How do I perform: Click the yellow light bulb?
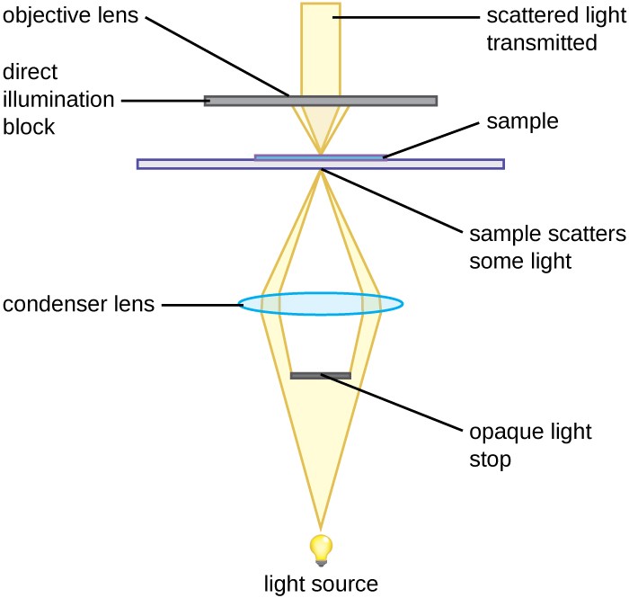point(321,545)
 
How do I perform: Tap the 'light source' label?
point(321,585)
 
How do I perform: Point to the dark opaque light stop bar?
point(321,375)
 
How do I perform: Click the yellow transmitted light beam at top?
point(321,45)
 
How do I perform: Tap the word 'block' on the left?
point(30,127)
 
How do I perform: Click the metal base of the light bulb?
point(321,561)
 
